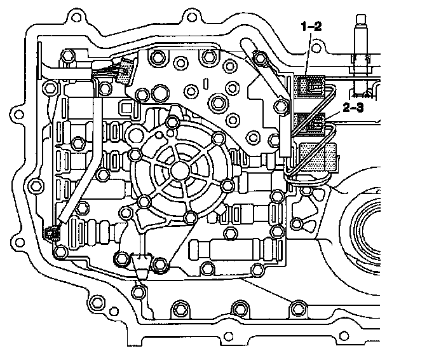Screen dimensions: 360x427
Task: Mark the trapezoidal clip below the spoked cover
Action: pos(140,262)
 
